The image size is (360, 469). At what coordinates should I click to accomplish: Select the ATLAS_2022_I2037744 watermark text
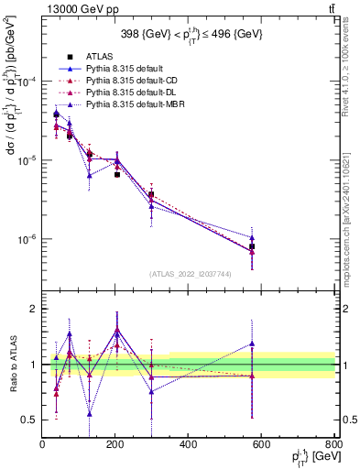[x=189, y=273]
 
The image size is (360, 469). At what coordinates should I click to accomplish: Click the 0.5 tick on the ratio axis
[x=31, y=420]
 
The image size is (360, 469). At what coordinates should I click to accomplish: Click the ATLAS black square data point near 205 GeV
[x=117, y=174]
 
